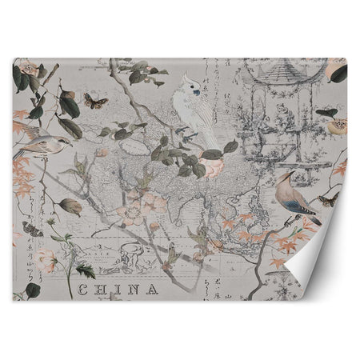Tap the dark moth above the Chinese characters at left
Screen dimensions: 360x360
click(33, 230)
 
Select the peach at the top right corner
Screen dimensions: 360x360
click(337, 70)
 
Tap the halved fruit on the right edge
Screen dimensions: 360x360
click(337, 127)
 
